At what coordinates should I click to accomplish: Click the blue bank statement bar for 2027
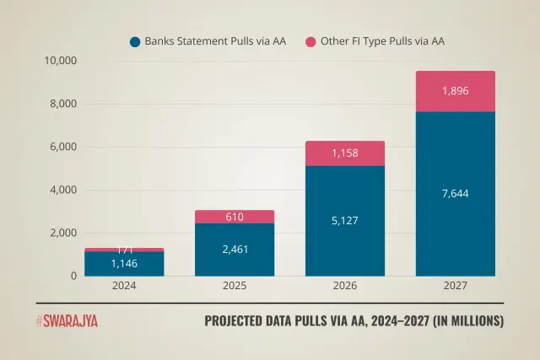(455, 228)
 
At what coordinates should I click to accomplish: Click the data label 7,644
(455, 194)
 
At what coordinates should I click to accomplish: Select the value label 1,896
(455, 91)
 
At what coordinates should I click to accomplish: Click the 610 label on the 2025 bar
(235, 218)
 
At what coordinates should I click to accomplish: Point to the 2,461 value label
(235, 250)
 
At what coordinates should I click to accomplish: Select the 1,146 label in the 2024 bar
(124, 264)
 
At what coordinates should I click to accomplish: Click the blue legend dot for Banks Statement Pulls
(134, 41)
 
